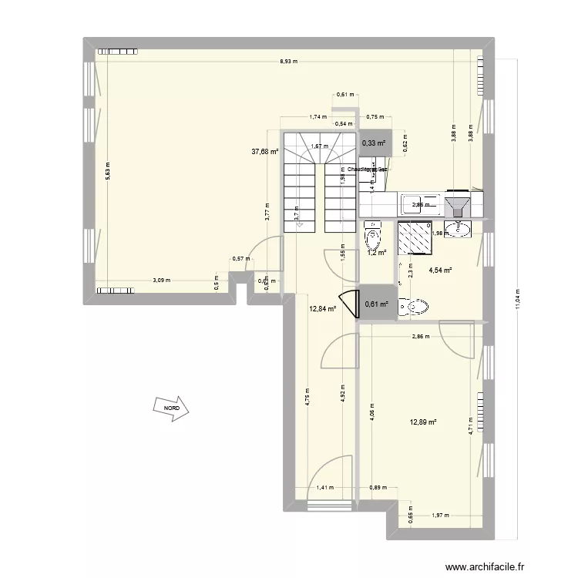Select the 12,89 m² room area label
[x=424, y=422]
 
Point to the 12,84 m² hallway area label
[x=323, y=309]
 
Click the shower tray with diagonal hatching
[x=415, y=237]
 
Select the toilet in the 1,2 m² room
[x=373, y=233]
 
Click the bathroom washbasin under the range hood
[x=463, y=229]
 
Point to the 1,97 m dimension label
[x=439, y=515]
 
